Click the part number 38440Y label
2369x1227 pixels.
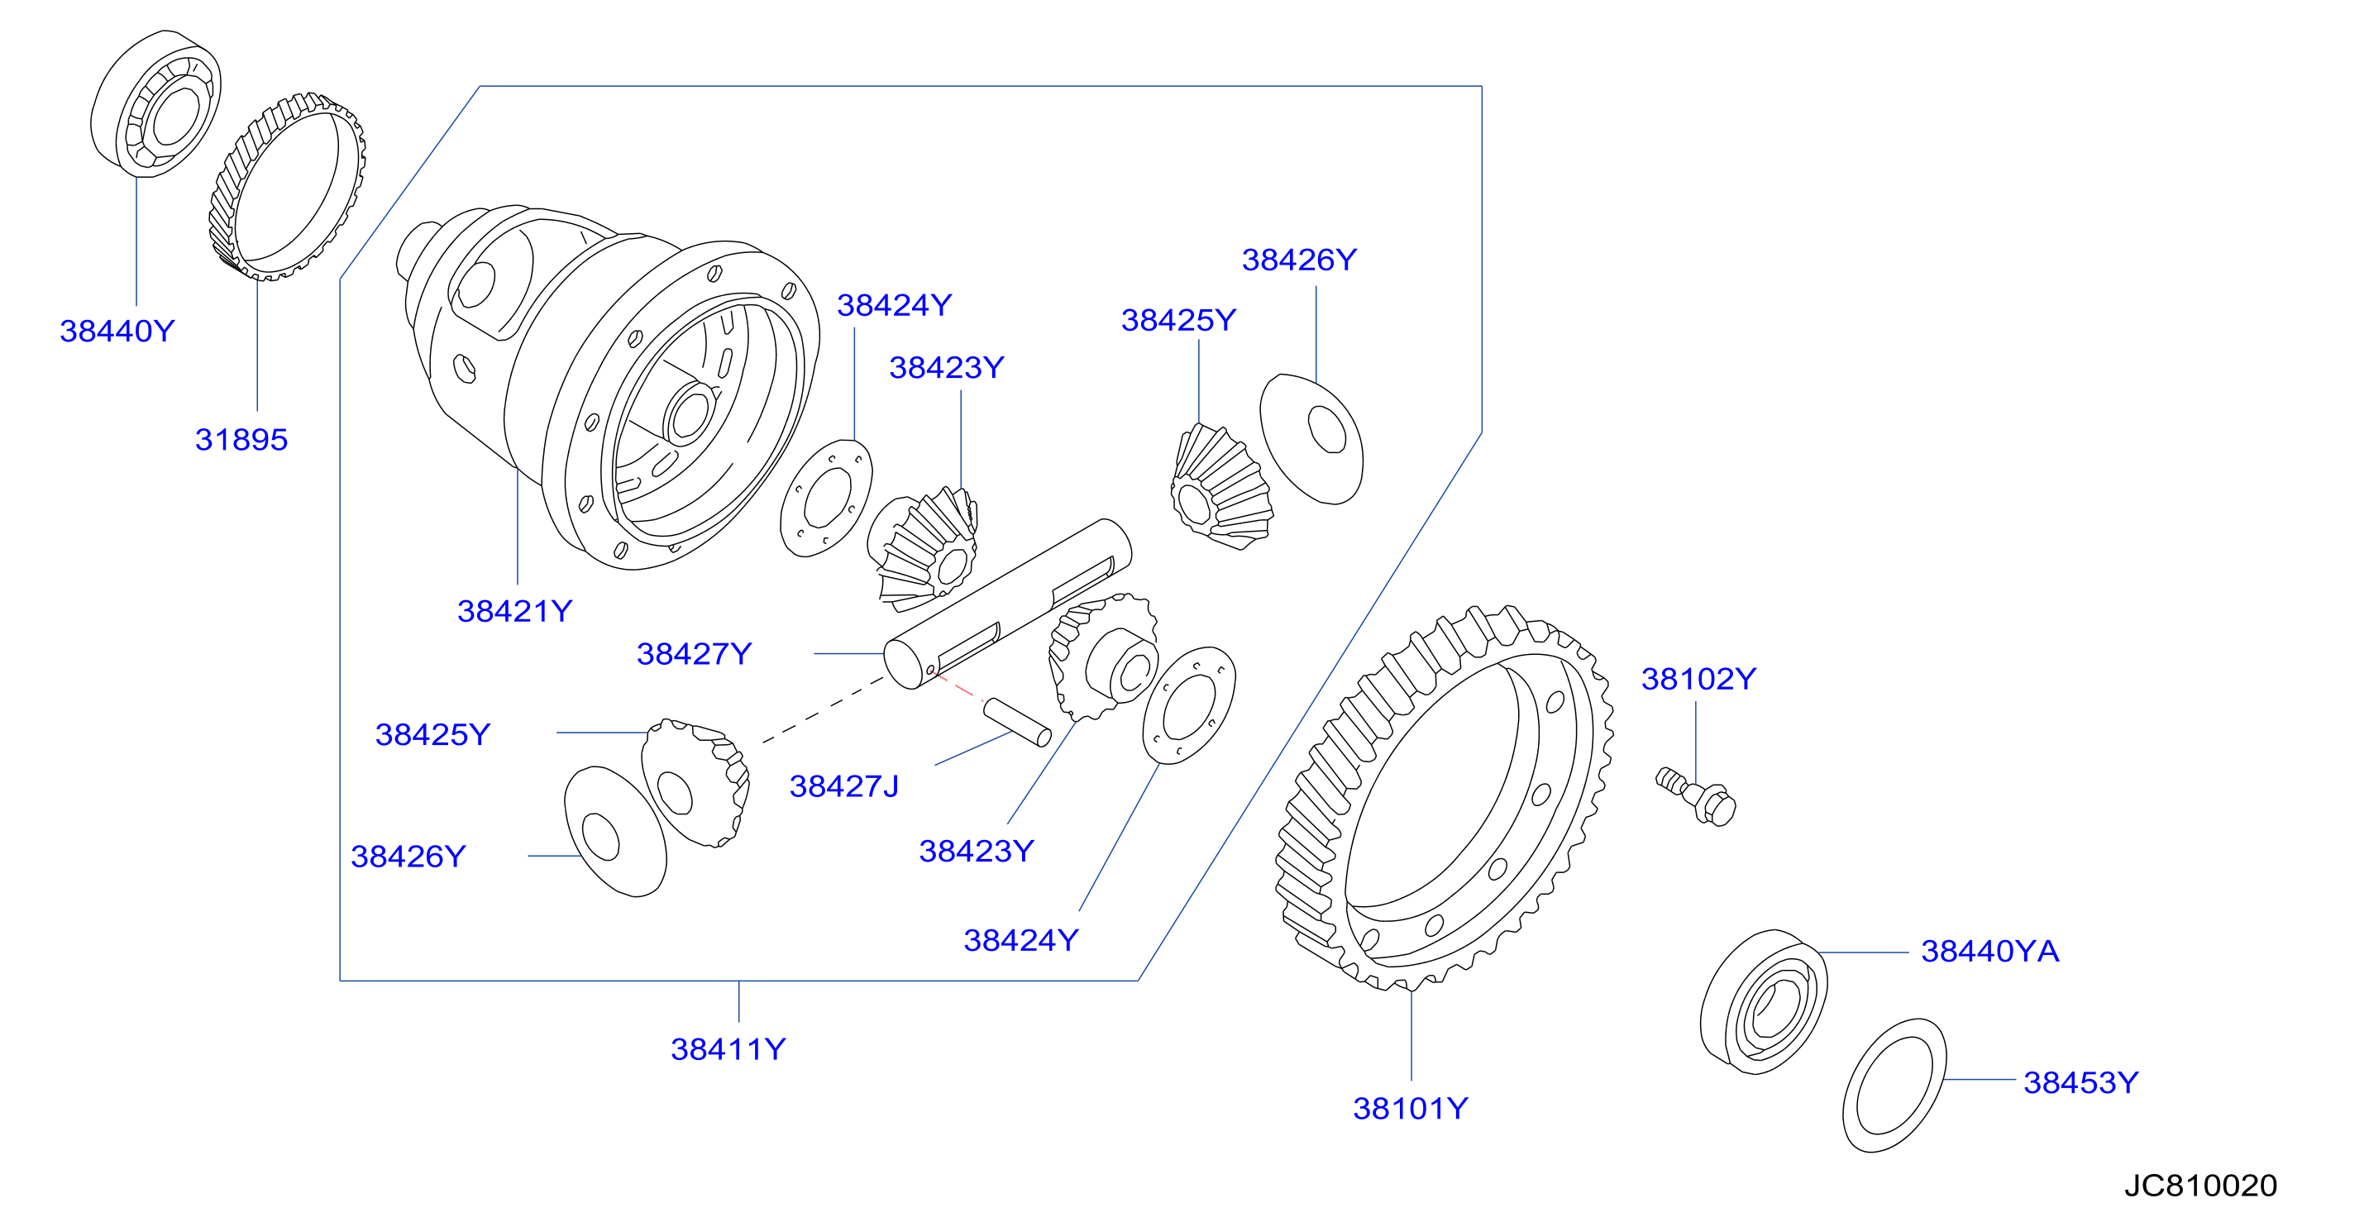point(117,331)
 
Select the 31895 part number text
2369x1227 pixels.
point(241,440)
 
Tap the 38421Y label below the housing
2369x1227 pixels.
point(515,611)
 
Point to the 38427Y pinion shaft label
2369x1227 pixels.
point(695,654)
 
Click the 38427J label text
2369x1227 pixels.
point(844,786)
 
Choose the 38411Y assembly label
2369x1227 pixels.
point(728,1049)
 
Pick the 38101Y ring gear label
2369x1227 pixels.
point(1411,1108)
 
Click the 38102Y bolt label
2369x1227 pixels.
point(1698,679)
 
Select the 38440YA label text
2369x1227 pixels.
point(1990,951)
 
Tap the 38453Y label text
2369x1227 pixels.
point(2081,1082)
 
